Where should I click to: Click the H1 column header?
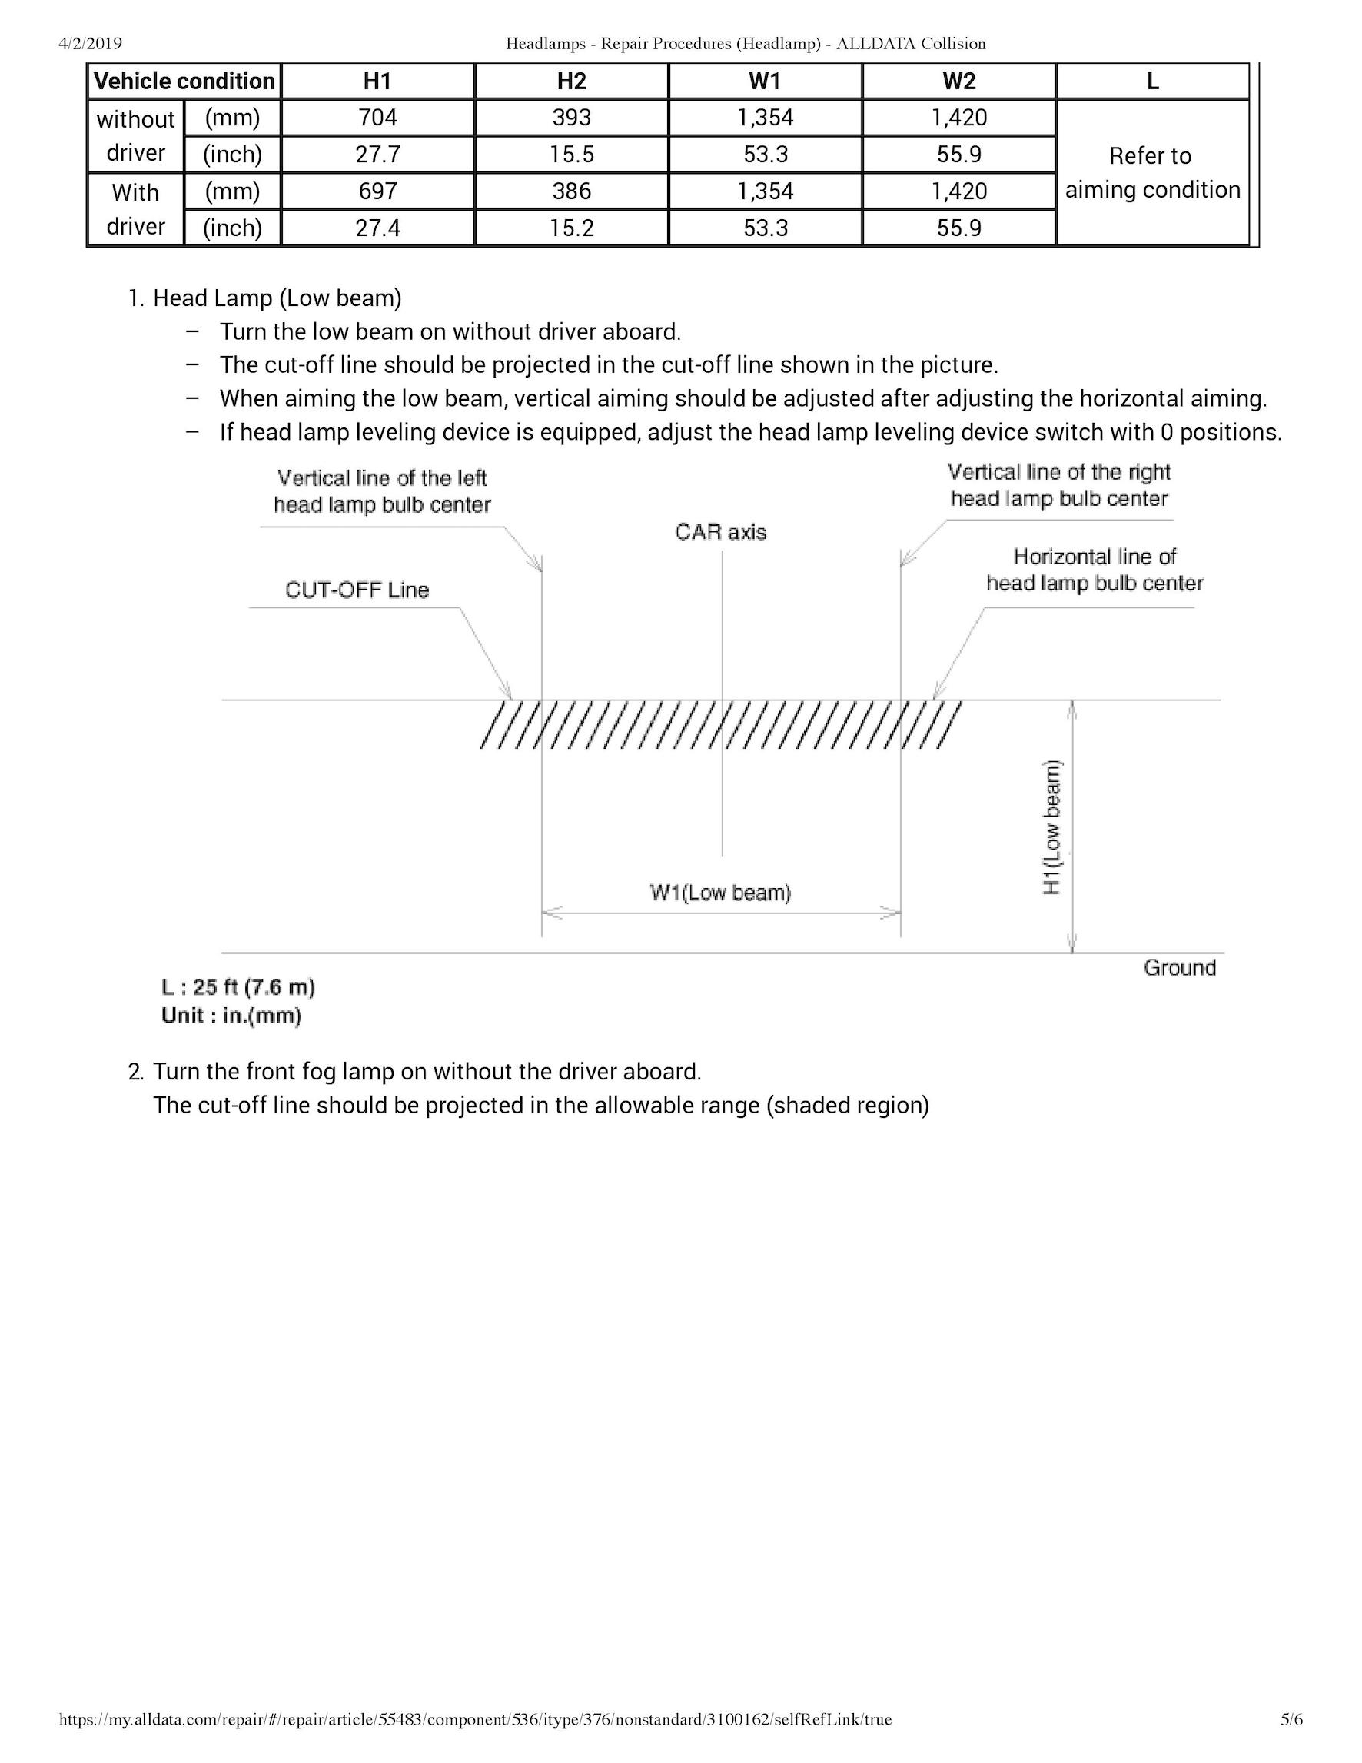[377, 81]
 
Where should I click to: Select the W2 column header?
[958, 81]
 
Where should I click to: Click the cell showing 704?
[377, 118]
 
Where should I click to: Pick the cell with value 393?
[571, 118]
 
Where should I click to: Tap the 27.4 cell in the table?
[377, 228]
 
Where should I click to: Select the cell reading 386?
[571, 191]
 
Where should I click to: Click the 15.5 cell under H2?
[571, 155]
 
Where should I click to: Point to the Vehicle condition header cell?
[184, 81]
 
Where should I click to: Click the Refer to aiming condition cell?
[1152, 173]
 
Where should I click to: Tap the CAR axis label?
[720, 532]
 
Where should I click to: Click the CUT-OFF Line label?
[357, 590]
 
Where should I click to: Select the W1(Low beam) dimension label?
[720, 892]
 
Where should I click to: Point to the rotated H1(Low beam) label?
[1052, 827]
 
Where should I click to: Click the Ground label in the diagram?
[1179, 968]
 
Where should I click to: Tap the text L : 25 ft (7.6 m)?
[238, 987]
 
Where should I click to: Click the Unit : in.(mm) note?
[231, 1016]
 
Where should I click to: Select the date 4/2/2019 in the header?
[91, 44]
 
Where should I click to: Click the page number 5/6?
[1291, 1719]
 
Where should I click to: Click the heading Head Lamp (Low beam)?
[277, 298]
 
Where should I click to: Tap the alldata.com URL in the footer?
[475, 1719]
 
